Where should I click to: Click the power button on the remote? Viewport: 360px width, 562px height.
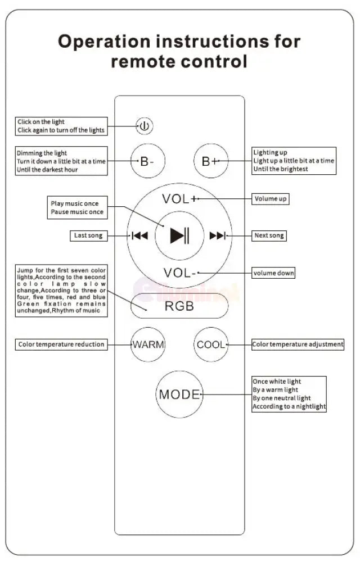(145, 126)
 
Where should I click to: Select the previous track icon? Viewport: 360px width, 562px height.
(139, 235)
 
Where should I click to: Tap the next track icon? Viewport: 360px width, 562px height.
(218, 235)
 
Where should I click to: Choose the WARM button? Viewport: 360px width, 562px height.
(148, 345)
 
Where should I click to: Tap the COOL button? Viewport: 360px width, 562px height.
(211, 345)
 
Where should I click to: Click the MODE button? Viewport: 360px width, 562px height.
(179, 394)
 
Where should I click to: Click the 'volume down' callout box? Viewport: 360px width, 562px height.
(273, 273)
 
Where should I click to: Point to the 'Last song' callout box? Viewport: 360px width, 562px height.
(88, 235)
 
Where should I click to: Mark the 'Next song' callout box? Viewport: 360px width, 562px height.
(269, 235)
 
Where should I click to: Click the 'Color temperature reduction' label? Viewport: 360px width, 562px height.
(61, 345)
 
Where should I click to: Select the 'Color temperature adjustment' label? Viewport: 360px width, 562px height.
(298, 345)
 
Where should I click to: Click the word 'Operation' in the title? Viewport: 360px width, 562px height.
(104, 42)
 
